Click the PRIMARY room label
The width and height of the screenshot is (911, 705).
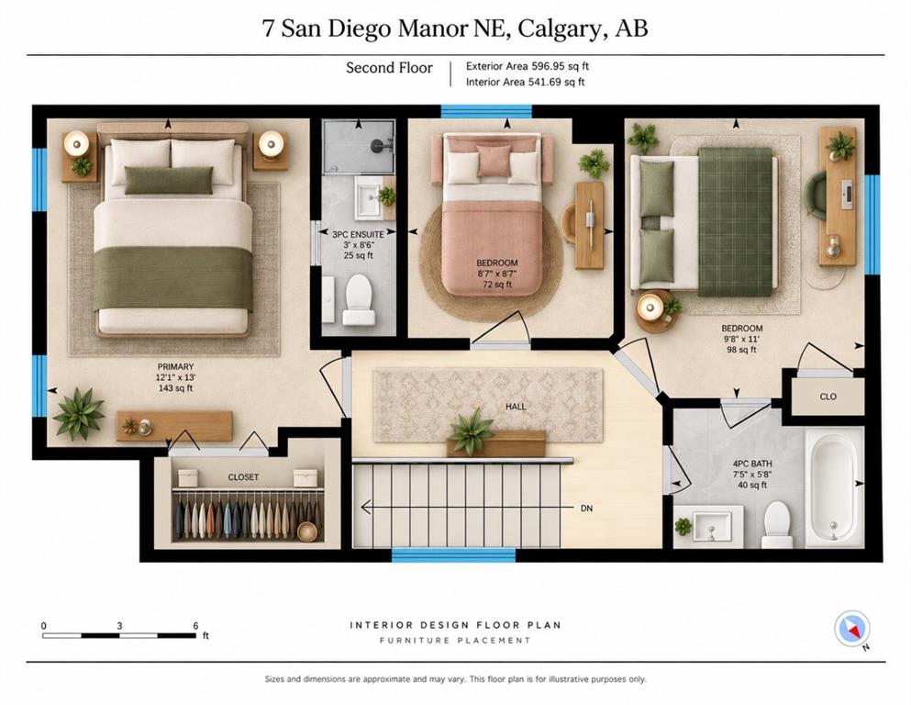tap(175, 367)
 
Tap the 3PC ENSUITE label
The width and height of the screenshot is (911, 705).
tap(358, 234)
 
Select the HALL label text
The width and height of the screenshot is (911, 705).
tap(516, 407)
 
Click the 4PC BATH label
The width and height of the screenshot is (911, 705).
tap(752, 464)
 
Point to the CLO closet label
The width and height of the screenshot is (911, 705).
tap(828, 397)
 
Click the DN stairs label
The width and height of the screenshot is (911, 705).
tap(586, 508)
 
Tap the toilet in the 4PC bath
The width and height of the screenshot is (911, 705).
tap(777, 525)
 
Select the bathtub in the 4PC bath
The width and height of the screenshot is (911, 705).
tap(834, 488)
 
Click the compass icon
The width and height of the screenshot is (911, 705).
tap(851, 628)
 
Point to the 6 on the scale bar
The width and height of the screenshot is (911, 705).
tap(195, 626)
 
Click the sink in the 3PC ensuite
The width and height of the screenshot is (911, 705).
tap(369, 197)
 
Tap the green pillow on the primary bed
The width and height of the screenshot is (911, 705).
tap(169, 180)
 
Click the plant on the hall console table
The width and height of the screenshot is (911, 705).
tap(471, 431)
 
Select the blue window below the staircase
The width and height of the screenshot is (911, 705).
tap(454, 555)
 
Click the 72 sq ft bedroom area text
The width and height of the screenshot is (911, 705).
tap(497, 285)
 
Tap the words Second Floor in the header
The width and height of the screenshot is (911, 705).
tap(389, 68)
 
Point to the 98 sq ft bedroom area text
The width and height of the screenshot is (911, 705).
tap(741, 350)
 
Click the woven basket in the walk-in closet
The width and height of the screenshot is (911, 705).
tap(306, 532)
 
